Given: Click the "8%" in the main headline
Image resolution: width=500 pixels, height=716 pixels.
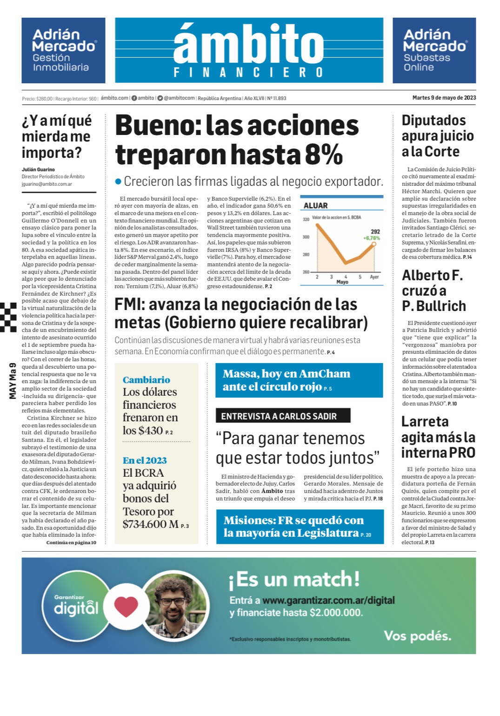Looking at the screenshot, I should click(x=324, y=155).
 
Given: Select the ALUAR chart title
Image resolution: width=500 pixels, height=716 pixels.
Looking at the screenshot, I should click(x=315, y=205).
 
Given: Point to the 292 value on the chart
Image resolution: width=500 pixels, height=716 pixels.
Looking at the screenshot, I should click(x=375, y=231).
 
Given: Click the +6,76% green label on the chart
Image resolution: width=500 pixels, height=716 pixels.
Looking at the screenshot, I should click(x=371, y=238).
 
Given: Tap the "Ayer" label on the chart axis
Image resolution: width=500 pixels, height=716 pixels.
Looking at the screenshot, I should click(x=374, y=277).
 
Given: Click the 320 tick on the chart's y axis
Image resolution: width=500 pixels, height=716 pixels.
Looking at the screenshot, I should click(x=306, y=219).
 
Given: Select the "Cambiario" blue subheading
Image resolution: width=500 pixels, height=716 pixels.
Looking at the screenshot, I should click(x=147, y=380).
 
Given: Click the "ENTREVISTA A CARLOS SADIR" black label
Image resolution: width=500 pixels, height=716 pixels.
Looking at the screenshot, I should click(x=279, y=416).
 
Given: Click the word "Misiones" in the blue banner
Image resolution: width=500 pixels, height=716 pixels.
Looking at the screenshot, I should click(x=250, y=520).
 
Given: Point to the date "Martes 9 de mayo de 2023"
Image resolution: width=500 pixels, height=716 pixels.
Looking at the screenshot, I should click(x=444, y=98).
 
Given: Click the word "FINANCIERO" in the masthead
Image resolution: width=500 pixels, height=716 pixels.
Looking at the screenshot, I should click(x=248, y=73).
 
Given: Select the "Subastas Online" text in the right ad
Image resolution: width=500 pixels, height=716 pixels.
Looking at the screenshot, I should click(x=427, y=62).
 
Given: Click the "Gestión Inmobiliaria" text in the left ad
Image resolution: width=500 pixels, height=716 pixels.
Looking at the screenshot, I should click(x=60, y=62).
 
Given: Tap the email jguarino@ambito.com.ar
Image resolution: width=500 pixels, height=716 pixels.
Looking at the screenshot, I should click(x=47, y=184).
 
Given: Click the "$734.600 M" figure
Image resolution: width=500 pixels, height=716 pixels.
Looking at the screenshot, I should click(x=151, y=524).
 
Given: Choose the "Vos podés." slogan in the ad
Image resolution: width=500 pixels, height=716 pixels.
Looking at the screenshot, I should click(x=417, y=636).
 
